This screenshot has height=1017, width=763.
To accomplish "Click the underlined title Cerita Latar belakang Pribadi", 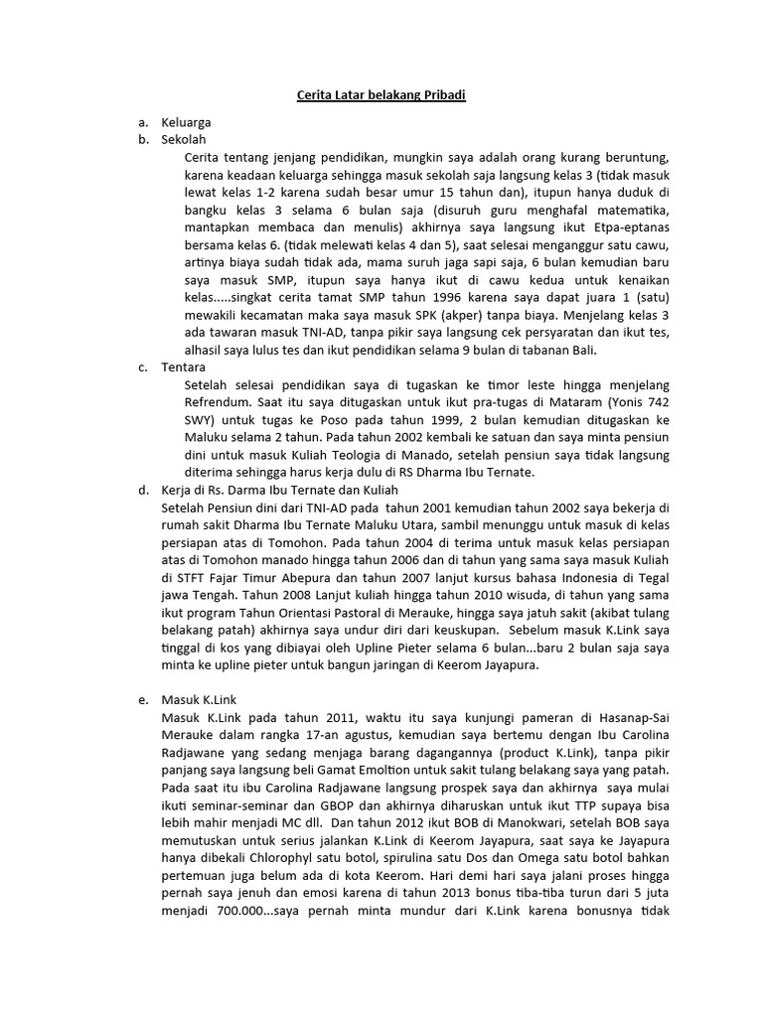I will [x=381, y=95].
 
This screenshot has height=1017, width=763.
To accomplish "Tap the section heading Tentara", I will [x=183, y=366].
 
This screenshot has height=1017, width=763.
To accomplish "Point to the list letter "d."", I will [x=143, y=490].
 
